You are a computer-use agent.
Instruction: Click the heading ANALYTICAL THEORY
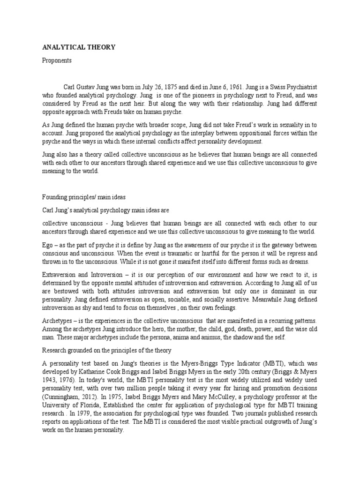tap(79, 47)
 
